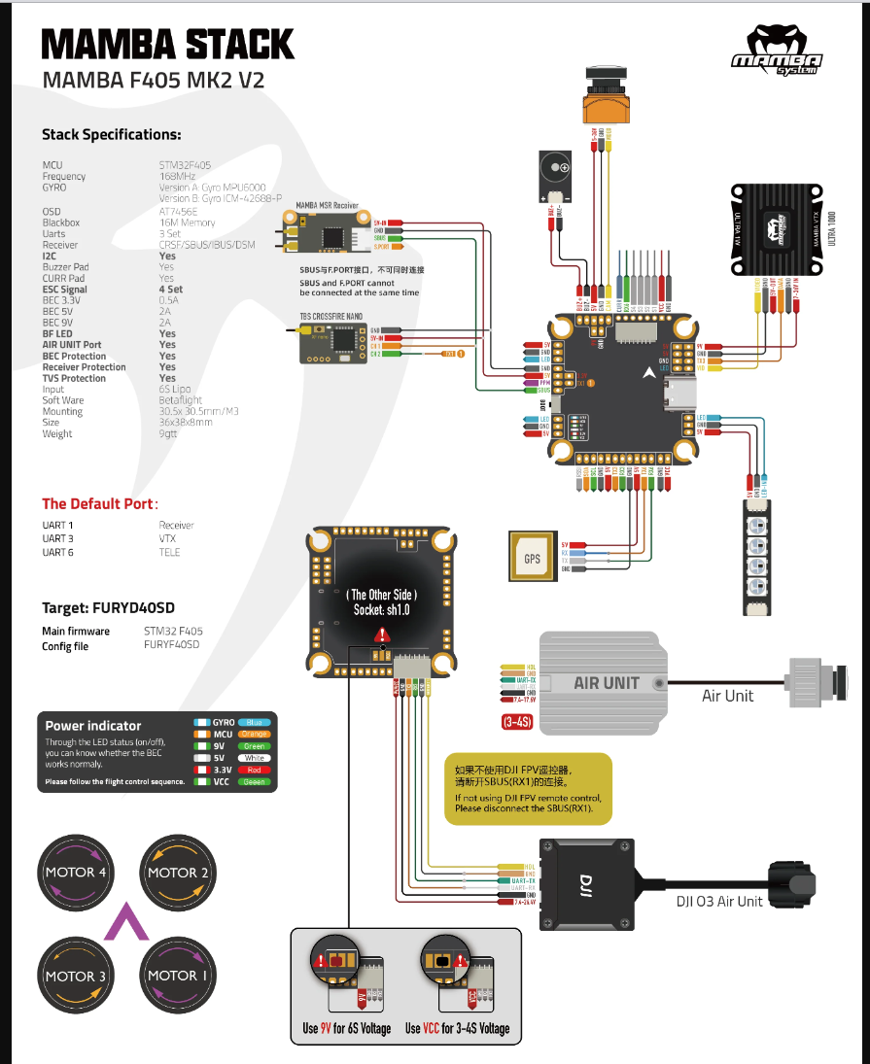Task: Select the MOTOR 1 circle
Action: click(x=178, y=975)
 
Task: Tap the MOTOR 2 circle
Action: click(x=178, y=872)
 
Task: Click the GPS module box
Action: click(x=533, y=559)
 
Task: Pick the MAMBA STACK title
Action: click(x=167, y=44)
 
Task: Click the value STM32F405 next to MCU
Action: click(x=185, y=165)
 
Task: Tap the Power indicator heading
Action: click(x=92, y=725)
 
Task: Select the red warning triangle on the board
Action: click(x=379, y=635)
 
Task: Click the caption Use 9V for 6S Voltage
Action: click(x=346, y=1028)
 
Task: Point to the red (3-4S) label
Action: click(x=516, y=722)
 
